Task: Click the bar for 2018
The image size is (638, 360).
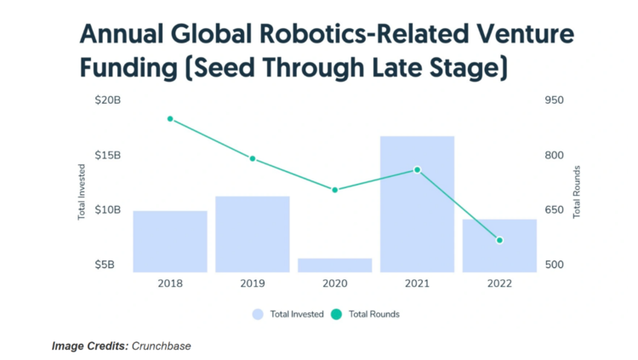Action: [170, 241]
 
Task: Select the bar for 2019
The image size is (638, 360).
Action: [252, 234]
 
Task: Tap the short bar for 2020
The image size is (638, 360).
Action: [334, 265]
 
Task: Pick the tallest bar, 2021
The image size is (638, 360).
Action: [417, 204]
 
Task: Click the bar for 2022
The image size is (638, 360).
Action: [499, 245]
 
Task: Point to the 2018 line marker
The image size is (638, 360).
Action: [170, 119]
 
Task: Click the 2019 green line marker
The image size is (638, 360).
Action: [253, 158]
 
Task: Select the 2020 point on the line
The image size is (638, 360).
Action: [335, 190]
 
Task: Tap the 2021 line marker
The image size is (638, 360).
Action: [417, 170]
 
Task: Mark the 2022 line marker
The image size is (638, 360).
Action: [499, 240]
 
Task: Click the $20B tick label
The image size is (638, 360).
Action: [108, 100]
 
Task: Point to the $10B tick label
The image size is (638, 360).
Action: [108, 209]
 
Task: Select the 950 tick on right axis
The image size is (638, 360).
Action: [554, 100]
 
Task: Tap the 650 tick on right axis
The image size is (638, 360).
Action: [554, 209]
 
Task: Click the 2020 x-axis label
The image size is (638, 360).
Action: [334, 283]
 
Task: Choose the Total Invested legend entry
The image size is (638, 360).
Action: [288, 314]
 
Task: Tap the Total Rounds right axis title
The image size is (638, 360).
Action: [577, 191]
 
